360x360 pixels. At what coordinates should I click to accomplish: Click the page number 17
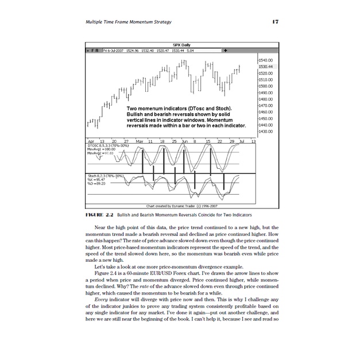coord(276,22)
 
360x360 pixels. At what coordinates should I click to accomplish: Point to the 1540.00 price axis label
coord(266,60)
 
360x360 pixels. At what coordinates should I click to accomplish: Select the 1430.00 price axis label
coord(266,131)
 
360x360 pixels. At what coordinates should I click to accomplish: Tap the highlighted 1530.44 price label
coord(266,67)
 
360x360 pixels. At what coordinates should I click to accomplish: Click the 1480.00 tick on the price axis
coord(266,99)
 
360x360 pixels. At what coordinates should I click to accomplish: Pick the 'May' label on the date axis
coord(140,141)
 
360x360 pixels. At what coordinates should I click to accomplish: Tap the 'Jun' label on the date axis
coord(185,141)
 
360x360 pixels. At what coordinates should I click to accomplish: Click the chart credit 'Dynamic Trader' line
coord(181,205)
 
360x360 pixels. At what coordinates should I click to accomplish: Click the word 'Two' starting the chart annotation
coord(132,109)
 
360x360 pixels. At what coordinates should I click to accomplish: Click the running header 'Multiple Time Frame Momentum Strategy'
coord(127,22)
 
